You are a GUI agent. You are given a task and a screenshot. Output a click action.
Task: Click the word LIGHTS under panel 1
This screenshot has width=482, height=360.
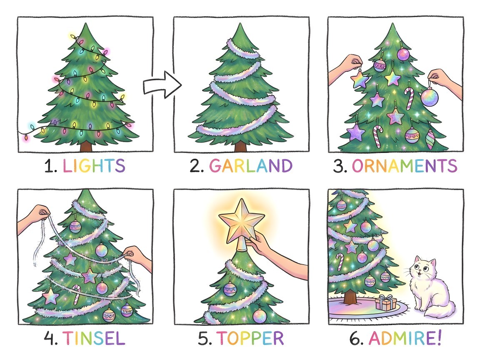[x=94, y=166]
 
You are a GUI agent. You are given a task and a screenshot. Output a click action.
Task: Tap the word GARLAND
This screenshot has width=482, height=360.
[x=250, y=166]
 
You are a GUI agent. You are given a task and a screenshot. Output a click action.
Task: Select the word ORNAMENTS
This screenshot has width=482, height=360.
[x=405, y=166]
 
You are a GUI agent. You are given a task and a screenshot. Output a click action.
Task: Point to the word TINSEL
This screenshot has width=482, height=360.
[x=94, y=338]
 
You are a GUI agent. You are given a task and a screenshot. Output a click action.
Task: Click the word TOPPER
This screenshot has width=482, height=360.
[x=250, y=338]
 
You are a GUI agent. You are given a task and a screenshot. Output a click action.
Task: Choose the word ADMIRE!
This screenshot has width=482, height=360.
[x=405, y=338]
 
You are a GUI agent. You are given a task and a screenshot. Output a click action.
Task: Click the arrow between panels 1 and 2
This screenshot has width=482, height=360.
[x=162, y=85]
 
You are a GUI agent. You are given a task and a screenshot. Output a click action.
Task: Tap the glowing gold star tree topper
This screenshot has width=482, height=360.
[x=241, y=222]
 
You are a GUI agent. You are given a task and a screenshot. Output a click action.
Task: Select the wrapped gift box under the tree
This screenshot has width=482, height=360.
[x=386, y=302]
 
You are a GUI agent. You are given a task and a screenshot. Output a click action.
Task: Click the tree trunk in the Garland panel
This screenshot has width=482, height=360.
[x=241, y=147]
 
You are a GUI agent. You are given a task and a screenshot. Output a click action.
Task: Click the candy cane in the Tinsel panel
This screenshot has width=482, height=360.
[x=76, y=294]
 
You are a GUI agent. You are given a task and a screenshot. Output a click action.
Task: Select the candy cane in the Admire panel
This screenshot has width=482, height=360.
[x=340, y=262]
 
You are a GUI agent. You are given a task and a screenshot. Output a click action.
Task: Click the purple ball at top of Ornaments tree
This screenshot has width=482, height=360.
[x=403, y=54]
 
